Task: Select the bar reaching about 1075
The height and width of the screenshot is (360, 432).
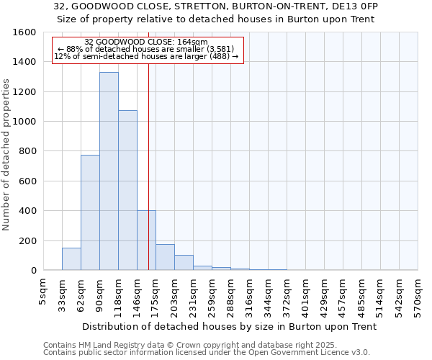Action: [127, 190]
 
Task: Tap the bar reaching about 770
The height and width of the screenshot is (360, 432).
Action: [90, 212]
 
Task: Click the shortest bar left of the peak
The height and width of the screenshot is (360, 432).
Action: [71, 259]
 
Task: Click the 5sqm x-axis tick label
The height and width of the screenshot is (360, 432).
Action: [43, 289]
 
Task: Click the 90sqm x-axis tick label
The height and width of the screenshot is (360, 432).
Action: [99, 292]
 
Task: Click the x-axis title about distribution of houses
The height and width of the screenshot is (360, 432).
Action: [230, 327]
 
